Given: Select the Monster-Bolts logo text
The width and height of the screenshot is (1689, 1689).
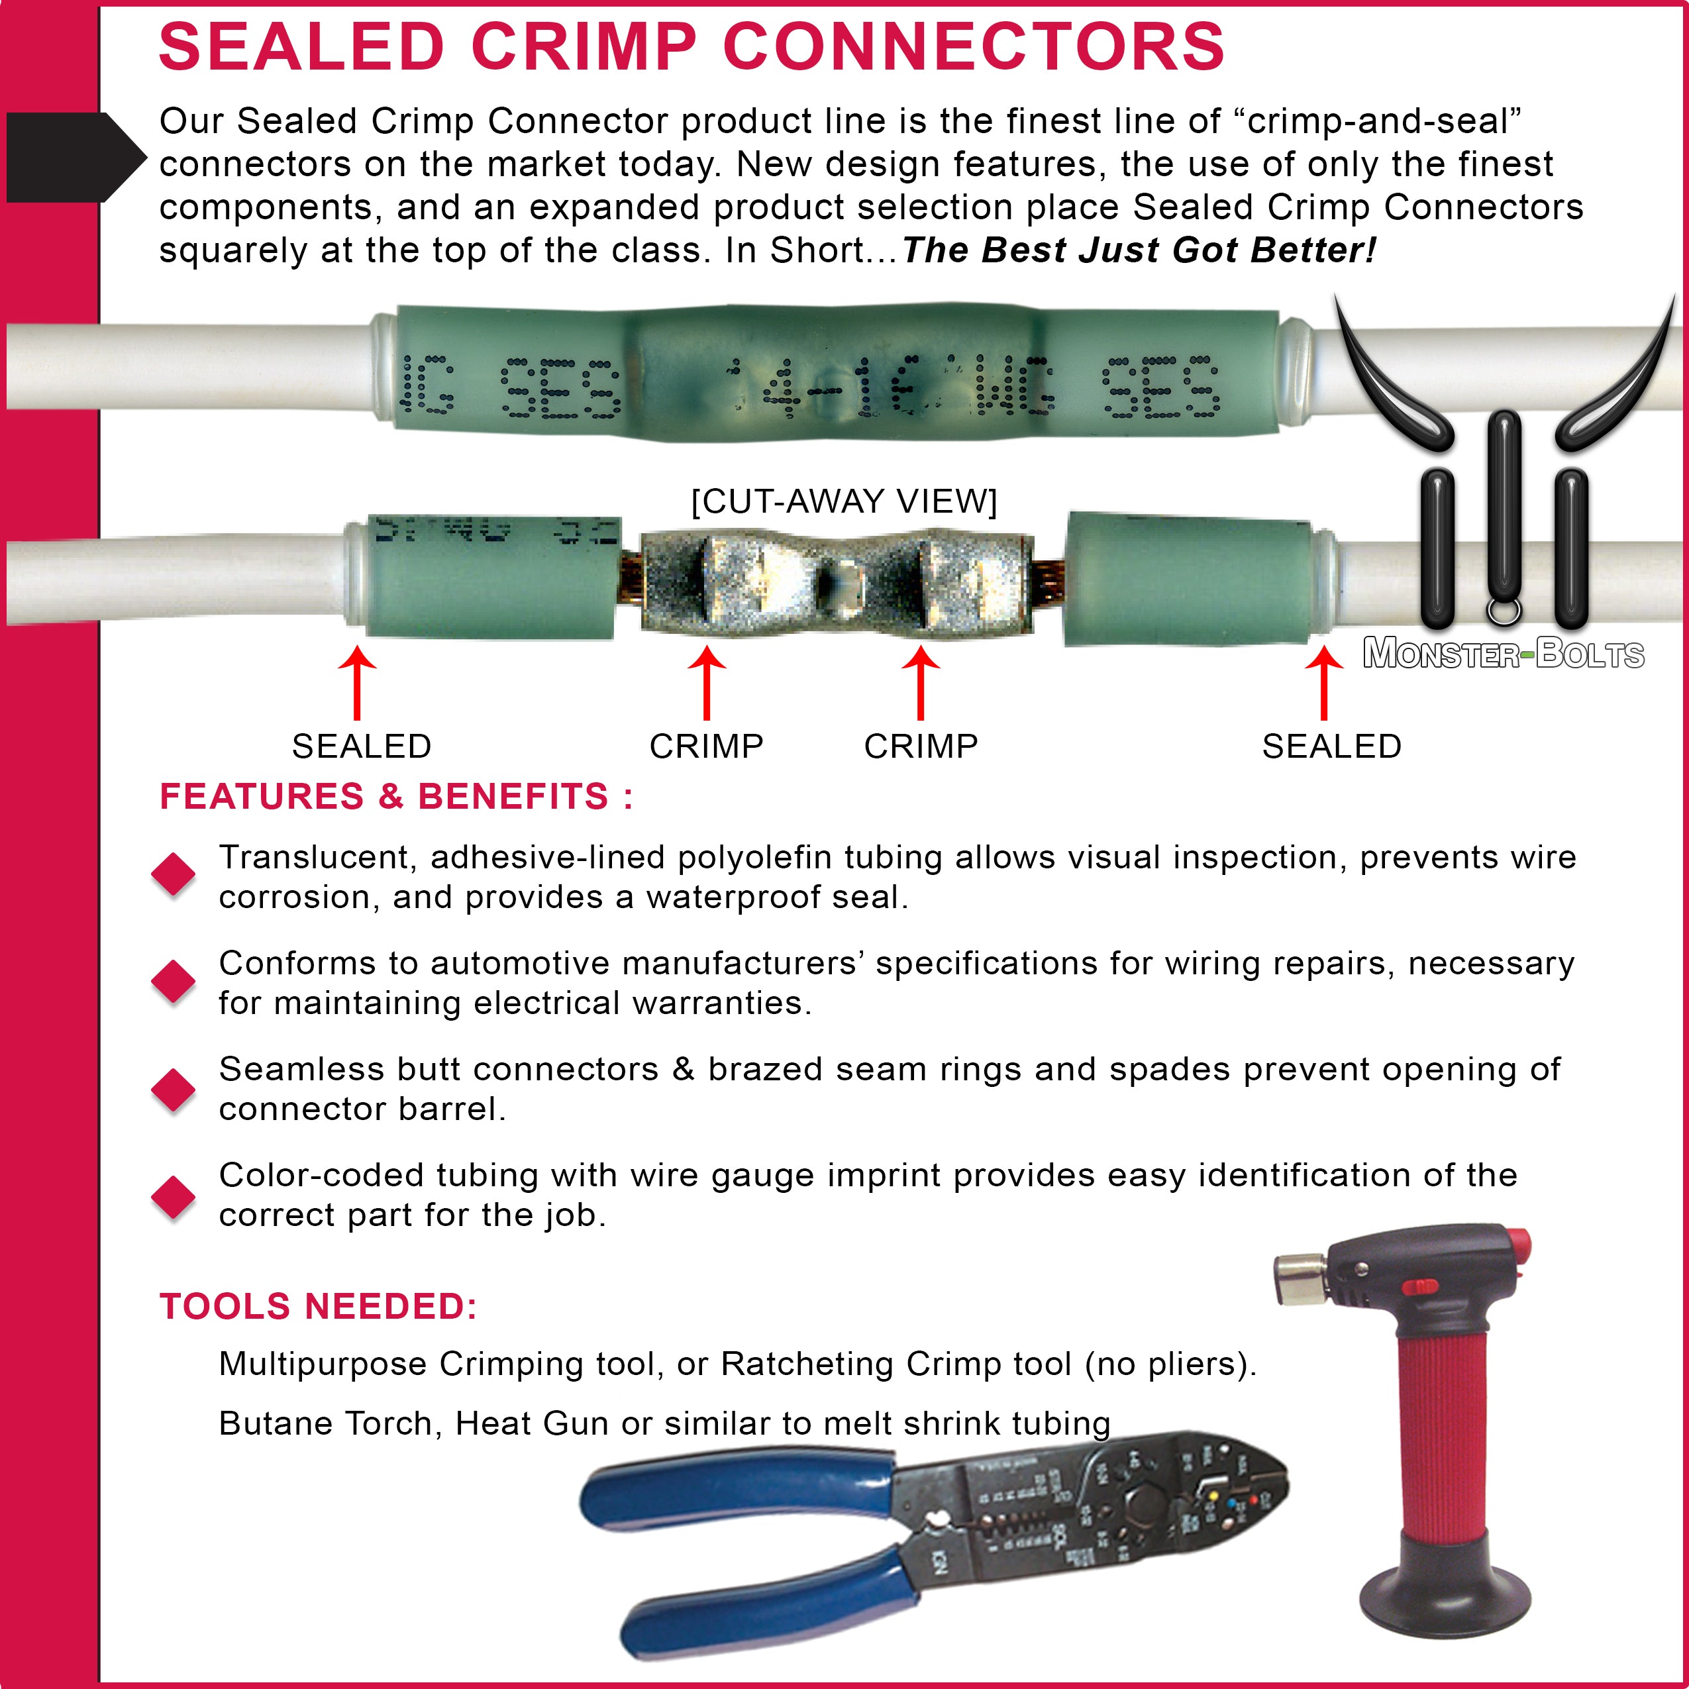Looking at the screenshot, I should point(1504,654).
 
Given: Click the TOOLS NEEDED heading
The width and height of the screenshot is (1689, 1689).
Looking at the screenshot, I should point(318,1306).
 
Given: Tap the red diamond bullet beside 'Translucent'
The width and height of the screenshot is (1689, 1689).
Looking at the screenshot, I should point(173,874).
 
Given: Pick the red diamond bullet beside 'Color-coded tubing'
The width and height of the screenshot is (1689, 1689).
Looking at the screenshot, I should point(173,1196).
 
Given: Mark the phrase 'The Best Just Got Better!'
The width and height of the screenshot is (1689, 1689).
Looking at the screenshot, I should point(1138,250).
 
